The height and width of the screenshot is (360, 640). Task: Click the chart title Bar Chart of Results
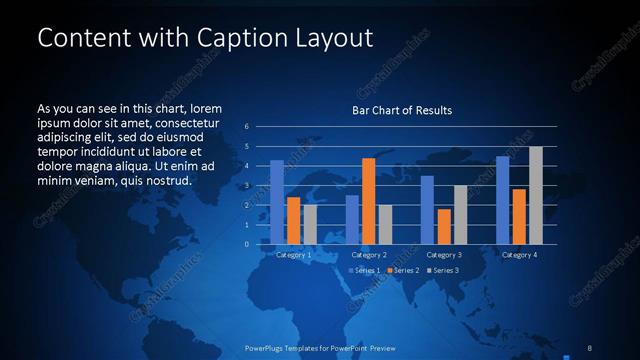[402, 110]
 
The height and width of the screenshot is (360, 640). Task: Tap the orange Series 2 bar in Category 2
[368, 200]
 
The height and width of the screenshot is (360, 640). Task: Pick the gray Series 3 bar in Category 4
[535, 195]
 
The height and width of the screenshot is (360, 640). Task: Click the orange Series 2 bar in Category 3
[444, 226]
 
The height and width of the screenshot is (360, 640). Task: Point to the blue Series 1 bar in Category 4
[503, 200]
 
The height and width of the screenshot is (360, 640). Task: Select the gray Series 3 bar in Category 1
[309, 224]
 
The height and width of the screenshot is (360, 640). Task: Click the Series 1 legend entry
[364, 271]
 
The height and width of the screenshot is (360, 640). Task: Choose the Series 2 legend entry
[402, 271]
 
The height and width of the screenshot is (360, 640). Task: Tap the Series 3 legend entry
[443, 271]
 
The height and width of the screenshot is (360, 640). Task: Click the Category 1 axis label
[293, 255]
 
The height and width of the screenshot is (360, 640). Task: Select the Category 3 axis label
[443, 255]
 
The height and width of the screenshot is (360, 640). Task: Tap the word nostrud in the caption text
[166, 180]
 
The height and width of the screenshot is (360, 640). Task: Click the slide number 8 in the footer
[590, 347]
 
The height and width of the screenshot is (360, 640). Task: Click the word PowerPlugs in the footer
[266, 347]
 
